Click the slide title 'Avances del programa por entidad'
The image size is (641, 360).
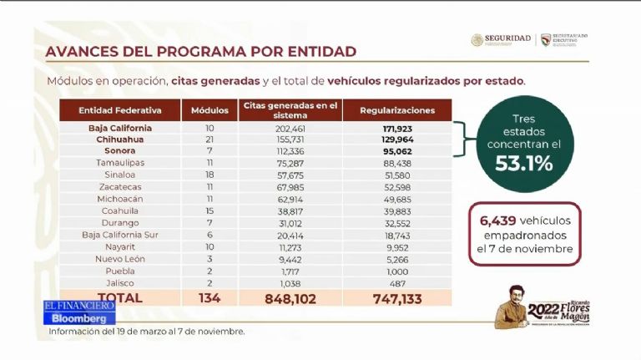[200, 52]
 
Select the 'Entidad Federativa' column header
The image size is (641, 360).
[120, 110]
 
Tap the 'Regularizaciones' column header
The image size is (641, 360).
[397, 110]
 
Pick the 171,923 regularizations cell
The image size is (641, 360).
[397, 129]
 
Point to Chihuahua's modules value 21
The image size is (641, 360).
[209, 139]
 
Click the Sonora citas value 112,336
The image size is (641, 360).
[290, 151]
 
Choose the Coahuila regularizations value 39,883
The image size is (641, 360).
[397, 213]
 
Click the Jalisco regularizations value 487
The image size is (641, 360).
[397, 283]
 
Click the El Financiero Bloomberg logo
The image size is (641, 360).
[79, 312]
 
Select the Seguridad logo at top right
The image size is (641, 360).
[501, 39]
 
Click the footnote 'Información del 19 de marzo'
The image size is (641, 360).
[146, 332]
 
